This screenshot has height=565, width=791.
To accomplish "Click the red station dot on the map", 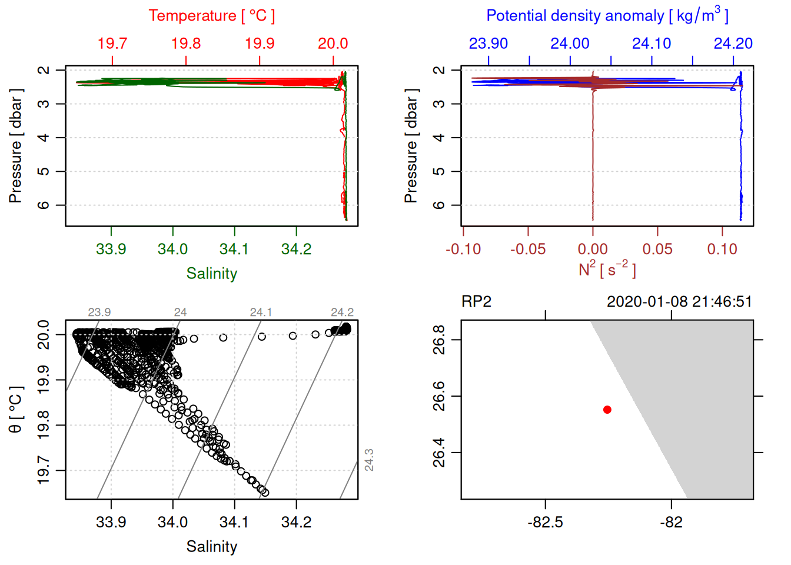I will click(x=607, y=410).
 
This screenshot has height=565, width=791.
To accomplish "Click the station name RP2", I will click(x=476, y=302).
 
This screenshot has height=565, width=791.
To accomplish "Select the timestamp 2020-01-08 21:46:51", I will click(x=679, y=302).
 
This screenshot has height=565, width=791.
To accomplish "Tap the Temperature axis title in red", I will click(x=211, y=16).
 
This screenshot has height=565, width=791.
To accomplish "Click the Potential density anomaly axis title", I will click(x=607, y=15).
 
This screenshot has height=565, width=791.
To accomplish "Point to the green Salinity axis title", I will click(x=211, y=274).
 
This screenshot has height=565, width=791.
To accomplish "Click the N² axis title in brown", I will click(x=607, y=269).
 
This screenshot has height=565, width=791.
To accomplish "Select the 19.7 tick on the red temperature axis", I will click(x=112, y=44).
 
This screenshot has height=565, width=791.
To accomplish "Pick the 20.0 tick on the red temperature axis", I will click(x=333, y=44).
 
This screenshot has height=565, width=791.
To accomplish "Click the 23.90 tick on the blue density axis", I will click(x=488, y=44).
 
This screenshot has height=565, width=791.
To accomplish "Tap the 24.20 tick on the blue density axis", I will click(x=733, y=44).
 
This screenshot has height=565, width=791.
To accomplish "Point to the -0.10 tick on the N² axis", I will click(x=463, y=250).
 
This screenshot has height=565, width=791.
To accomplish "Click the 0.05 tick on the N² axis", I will click(x=657, y=250).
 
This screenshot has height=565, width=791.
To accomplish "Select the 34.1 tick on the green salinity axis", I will click(x=234, y=250).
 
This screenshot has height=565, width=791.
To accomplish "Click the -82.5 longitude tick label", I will click(x=546, y=523).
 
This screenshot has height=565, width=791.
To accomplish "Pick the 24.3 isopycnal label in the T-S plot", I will click(x=369, y=460).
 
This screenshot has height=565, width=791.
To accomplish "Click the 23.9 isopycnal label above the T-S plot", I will click(x=99, y=313).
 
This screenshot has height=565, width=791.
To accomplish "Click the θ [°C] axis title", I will click(x=16, y=410).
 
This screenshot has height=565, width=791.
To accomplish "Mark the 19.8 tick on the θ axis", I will click(x=44, y=425).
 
